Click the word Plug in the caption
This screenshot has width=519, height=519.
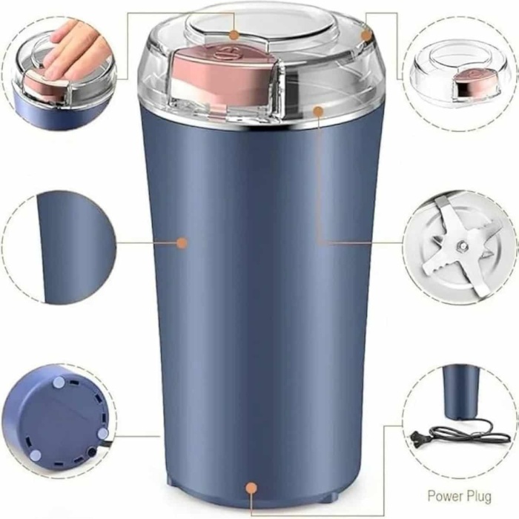pos(480,497)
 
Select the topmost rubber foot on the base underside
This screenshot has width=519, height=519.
pos(59,383)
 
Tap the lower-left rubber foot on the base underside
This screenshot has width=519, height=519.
pos(35,455)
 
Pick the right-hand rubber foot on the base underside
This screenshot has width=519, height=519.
pos(102,433)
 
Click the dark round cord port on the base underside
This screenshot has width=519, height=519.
pos(91,452)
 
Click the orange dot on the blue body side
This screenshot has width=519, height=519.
pos(182,243)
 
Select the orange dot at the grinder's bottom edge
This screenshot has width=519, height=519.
pos(251,488)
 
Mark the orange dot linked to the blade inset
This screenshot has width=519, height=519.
pos(318,111)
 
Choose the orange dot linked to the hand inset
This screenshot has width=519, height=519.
pos(234,34)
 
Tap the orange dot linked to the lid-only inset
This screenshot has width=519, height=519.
pos(366,35)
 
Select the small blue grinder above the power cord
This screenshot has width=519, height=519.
pos(460,391)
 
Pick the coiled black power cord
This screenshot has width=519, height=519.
pos(470,430)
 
